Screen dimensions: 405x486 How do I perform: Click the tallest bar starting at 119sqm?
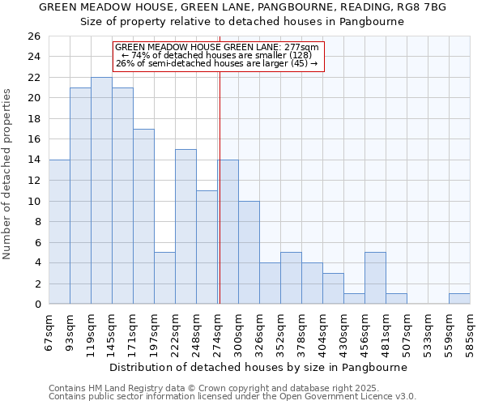pyautogui.click(x=101, y=190)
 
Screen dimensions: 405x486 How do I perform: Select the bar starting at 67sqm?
pyautogui.click(x=59, y=232)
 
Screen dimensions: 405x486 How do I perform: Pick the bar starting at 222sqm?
pyautogui.click(x=185, y=227)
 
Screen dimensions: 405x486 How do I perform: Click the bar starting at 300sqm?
pyautogui.click(x=249, y=252)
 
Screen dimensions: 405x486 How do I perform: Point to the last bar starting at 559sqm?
pyautogui.click(x=459, y=299)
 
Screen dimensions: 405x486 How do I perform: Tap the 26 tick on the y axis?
pyautogui.click(x=34, y=36)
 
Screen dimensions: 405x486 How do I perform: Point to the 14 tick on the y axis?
pyautogui.click(x=34, y=160)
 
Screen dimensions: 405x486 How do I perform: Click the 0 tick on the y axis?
pyautogui.click(x=37, y=305)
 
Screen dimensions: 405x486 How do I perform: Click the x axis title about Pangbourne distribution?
pyautogui.click(x=258, y=367)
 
